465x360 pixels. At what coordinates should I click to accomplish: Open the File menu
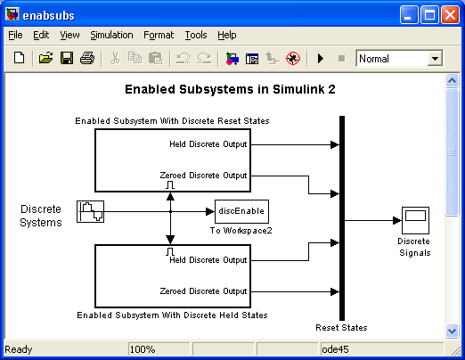(x=15, y=35)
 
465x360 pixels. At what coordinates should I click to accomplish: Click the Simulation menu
(x=111, y=35)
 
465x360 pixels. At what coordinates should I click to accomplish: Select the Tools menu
(x=196, y=35)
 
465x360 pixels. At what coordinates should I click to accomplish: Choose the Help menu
(x=227, y=35)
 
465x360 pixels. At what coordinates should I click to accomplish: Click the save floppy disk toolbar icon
(x=67, y=58)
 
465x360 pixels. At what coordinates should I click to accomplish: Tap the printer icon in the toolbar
(x=87, y=58)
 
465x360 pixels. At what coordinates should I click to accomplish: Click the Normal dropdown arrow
(x=435, y=59)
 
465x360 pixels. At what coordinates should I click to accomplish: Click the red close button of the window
(x=450, y=15)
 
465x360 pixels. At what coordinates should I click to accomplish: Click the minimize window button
(x=409, y=15)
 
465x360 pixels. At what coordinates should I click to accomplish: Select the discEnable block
(x=241, y=211)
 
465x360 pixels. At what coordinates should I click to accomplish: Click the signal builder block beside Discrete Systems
(x=90, y=211)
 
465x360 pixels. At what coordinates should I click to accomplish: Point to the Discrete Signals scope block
(x=415, y=220)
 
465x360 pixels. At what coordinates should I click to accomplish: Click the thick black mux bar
(x=342, y=218)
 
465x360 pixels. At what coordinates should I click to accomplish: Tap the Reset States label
(x=341, y=328)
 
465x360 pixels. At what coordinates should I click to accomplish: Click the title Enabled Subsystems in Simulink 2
(x=230, y=89)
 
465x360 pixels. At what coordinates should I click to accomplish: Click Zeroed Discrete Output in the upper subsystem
(x=203, y=176)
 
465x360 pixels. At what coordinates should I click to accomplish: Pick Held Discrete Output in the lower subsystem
(x=208, y=260)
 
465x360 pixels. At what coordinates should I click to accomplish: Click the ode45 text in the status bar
(x=335, y=349)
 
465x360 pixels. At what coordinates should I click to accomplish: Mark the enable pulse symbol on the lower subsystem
(x=170, y=252)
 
